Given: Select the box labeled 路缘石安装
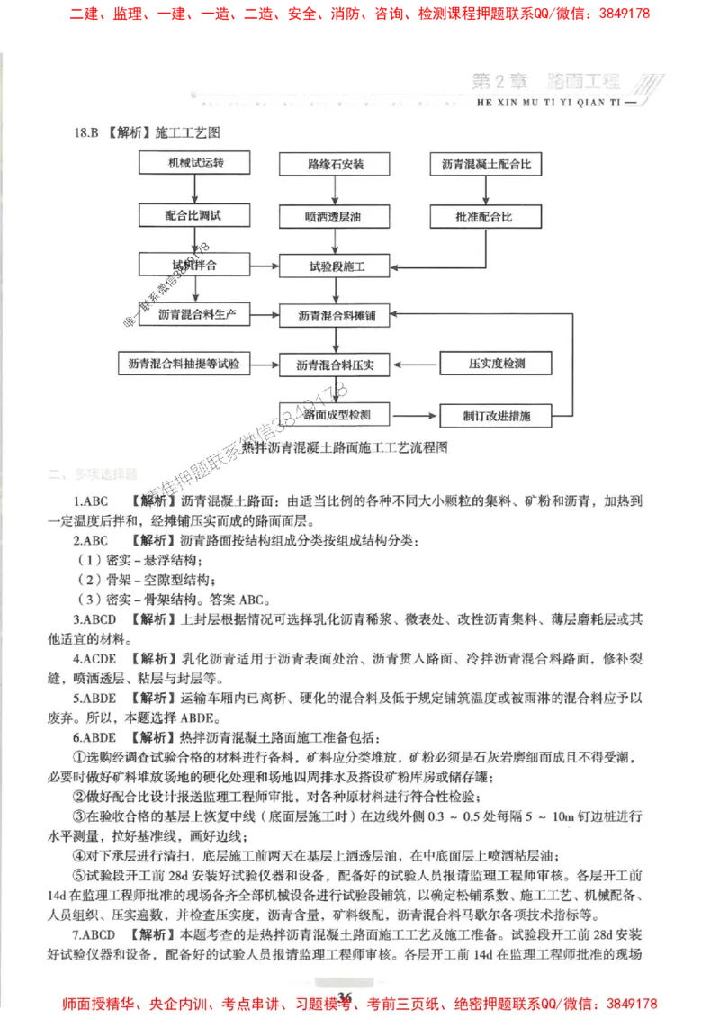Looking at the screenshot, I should tap(335, 165).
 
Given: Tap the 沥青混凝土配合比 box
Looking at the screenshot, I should tap(486, 165).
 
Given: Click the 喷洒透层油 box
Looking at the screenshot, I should tap(335, 216).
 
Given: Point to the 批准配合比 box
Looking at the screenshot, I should tap(486, 216).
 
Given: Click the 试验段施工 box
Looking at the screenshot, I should tap(335, 266).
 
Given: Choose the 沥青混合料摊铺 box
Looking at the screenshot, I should tap(336, 316).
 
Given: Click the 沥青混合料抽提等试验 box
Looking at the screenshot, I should tap(184, 364).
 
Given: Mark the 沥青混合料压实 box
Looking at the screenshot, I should tap(336, 365).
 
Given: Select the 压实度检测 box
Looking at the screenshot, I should tap(496, 364).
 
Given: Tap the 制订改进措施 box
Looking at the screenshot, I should tap(496, 416).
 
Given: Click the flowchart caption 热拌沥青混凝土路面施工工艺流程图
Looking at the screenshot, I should tap(345, 446).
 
